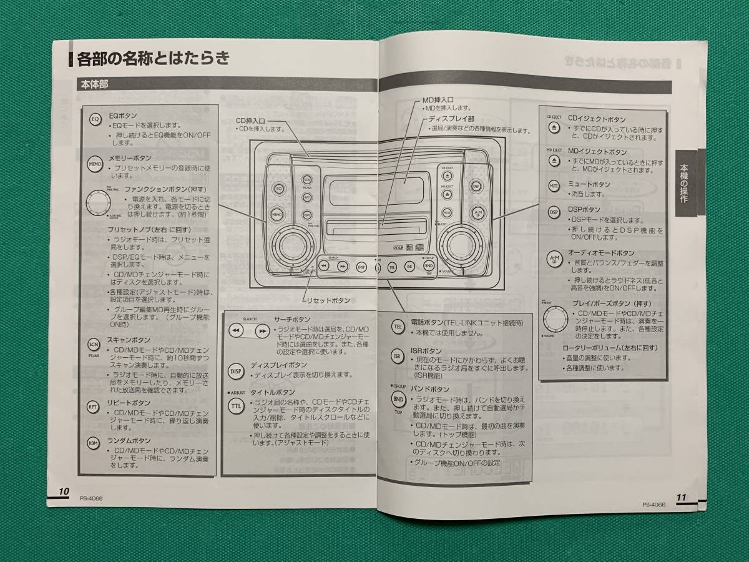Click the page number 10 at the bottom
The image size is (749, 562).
(64, 490)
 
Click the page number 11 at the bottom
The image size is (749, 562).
(681, 496)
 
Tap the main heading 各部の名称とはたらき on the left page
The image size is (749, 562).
(153, 59)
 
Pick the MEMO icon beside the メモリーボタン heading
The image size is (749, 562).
(94, 165)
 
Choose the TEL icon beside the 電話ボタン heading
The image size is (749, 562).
(398, 327)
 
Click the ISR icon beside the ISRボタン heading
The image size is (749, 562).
(397, 357)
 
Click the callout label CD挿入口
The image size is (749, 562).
(250, 120)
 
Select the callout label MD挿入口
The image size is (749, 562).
(438, 99)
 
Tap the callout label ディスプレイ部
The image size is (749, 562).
(451, 118)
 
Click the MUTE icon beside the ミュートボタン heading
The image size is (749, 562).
(554, 185)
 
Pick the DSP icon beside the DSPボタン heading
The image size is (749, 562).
(554, 212)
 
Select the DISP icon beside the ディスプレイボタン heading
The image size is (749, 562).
(235, 370)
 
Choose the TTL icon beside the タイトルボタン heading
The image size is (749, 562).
(235, 405)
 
